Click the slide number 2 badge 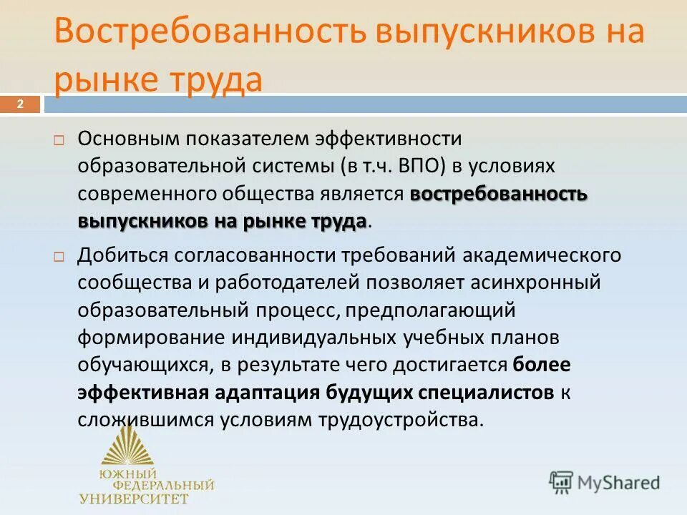(20, 105)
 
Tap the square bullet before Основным (59, 139)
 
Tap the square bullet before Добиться (59, 255)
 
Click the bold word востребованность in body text (499, 194)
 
